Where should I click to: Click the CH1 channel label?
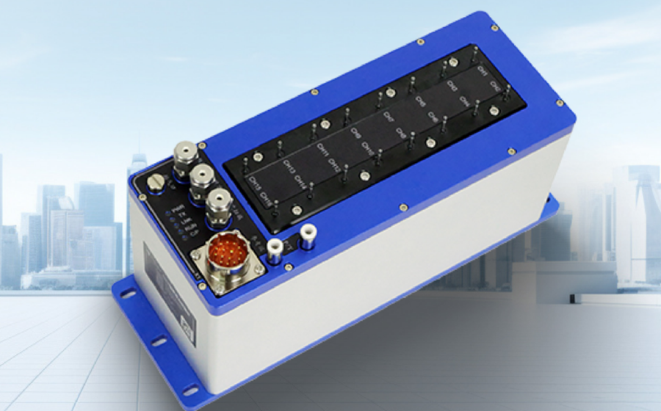click(483, 72)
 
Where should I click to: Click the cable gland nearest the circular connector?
click(215, 203)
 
